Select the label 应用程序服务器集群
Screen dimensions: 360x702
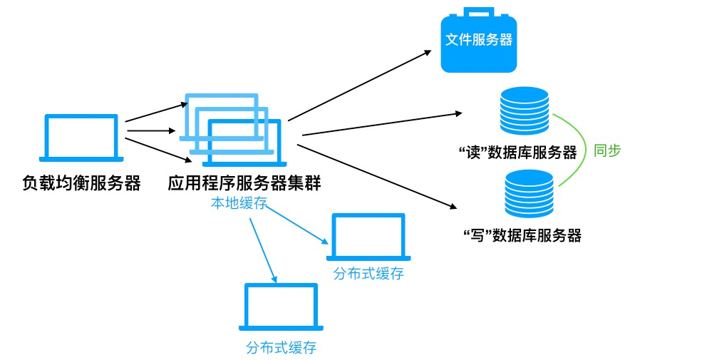244,184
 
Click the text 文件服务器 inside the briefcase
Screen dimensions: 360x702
478,40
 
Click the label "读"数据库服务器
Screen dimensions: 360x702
518,153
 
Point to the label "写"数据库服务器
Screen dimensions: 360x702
522,236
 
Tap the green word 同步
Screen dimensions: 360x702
607,150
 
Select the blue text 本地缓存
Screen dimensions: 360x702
238,203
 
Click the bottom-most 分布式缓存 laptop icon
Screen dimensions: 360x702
281,307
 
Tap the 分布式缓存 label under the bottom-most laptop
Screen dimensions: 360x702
281,348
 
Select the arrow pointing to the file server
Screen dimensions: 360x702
360,86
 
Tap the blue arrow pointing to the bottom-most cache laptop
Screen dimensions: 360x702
262,250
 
